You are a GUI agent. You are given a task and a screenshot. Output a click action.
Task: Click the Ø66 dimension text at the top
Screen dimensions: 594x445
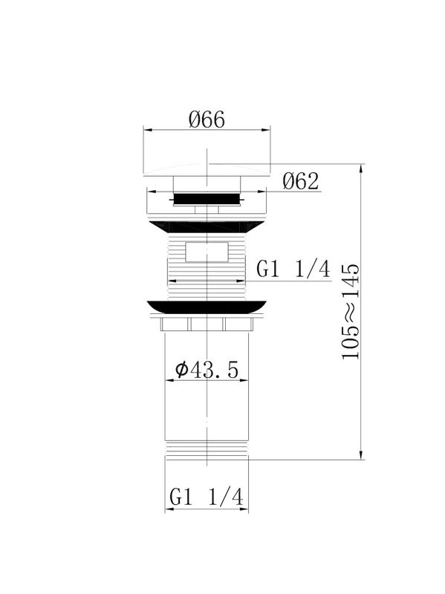[207, 119]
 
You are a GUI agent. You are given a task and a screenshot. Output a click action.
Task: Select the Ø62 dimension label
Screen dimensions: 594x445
[300, 180]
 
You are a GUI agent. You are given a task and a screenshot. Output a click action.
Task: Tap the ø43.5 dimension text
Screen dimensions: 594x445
[206, 369]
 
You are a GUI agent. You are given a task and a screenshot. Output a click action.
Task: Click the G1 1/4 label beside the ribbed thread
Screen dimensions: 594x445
[293, 270]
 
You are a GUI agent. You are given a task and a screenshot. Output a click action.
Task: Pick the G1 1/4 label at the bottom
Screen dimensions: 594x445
[207, 497]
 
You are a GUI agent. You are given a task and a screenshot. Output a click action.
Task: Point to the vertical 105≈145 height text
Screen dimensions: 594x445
[351, 312]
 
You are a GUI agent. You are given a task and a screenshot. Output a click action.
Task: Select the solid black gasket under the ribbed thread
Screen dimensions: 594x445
[207, 306]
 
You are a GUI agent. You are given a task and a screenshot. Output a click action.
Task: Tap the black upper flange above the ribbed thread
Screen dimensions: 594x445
[207, 226]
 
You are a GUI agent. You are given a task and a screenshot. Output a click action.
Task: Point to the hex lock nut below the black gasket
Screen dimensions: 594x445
[207, 323]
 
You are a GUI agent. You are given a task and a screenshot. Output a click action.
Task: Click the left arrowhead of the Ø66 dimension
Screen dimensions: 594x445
[146, 131]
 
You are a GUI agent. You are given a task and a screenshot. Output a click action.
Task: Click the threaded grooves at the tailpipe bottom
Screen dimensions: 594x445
[207, 449]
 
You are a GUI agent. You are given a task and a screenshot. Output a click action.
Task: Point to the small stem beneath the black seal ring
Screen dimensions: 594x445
[207, 210]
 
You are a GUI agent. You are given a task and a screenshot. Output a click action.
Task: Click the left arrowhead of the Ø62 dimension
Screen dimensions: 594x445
[149, 191]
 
